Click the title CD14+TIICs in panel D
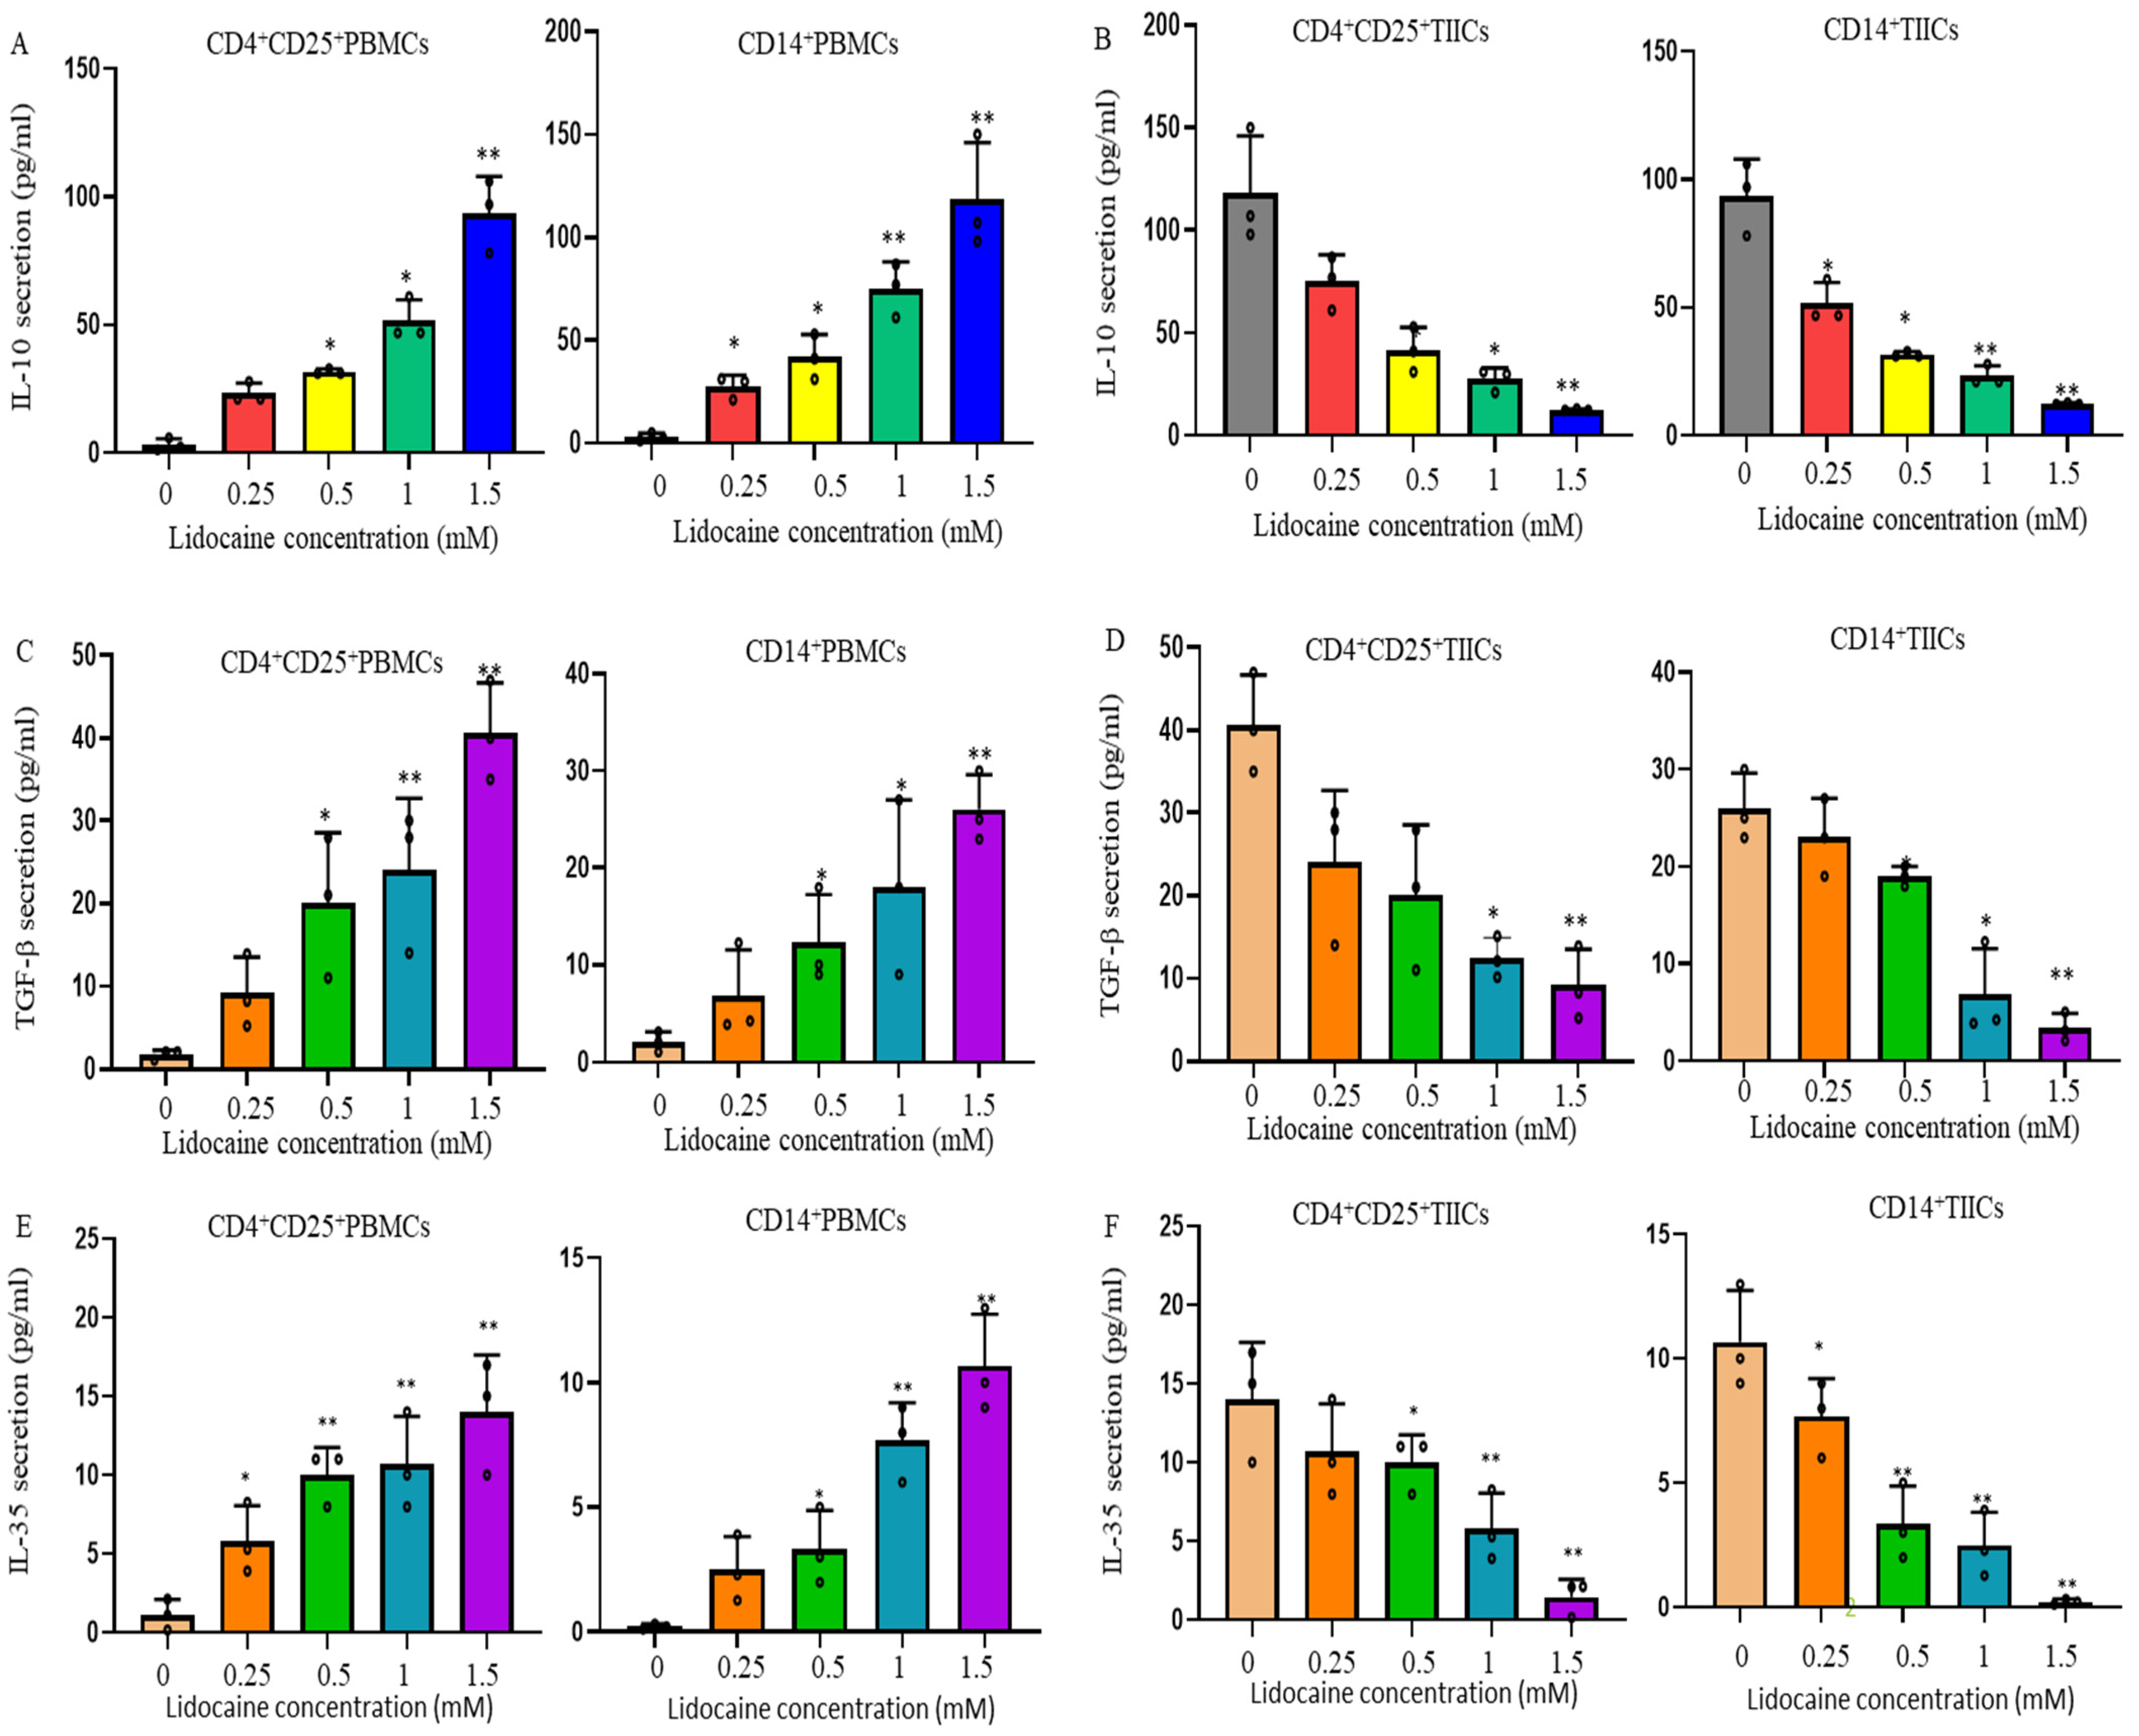click(x=1897, y=639)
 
